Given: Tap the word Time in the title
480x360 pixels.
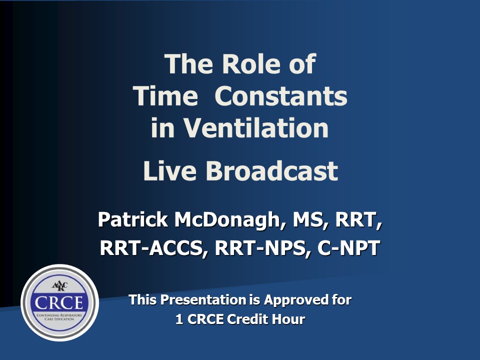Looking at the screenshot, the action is pos(165,96).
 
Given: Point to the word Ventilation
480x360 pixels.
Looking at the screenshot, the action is pos(256,128).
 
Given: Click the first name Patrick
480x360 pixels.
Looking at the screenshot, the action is pos(133,219).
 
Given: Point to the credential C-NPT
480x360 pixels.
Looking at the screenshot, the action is pos(348,248).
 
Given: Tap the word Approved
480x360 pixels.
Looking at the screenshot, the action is pos(295,300).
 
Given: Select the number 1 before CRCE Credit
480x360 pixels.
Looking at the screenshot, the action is pos(179,319).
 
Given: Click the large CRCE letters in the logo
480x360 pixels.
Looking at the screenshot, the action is pos(59,302).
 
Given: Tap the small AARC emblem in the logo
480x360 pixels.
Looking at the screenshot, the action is pos(59,286).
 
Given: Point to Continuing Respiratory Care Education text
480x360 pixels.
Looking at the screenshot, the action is pos(59,317).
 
